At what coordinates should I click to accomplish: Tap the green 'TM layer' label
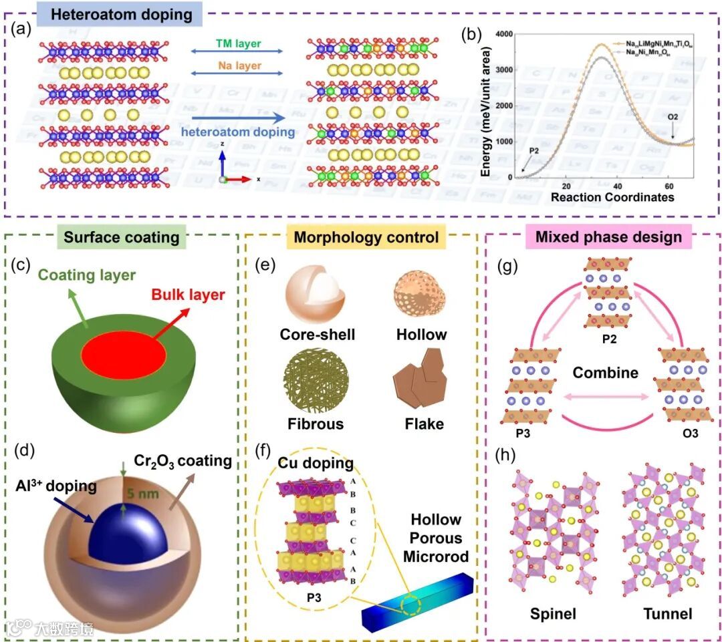pos(237,44)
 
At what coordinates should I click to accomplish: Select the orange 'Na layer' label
pos(238,66)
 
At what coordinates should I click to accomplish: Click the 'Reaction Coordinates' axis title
pos(611,197)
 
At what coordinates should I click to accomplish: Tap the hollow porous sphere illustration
pos(419,294)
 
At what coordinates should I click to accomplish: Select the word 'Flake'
pos(419,424)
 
